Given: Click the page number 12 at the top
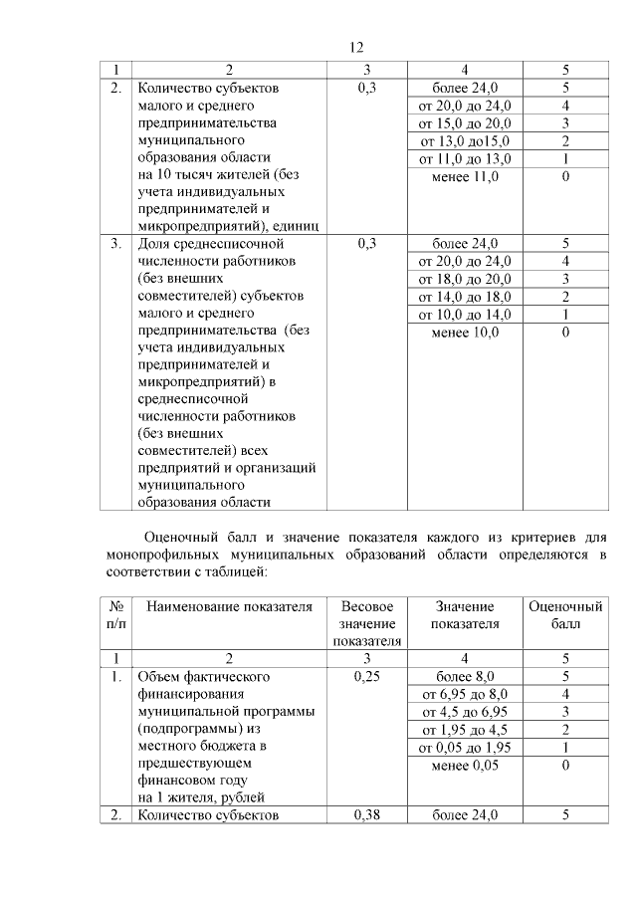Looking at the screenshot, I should click(x=357, y=47).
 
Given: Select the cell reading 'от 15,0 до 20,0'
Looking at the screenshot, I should click(x=466, y=123).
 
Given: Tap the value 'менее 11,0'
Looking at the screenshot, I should click(x=466, y=177).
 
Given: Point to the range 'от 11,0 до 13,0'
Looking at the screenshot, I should click(x=466, y=159).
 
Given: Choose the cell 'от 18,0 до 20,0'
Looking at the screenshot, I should click(x=466, y=279).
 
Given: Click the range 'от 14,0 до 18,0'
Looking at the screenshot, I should click(x=466, y=297).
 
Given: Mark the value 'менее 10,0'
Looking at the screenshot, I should click(x=466, y=333).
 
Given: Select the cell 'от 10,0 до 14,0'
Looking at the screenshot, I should click(x=466, y=315).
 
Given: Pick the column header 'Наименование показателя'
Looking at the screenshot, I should click(x=230, y=606).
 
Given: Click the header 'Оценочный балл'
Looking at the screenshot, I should click(x=565, y=615).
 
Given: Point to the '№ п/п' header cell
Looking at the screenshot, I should click(x=116, y=615).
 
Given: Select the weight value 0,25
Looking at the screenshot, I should click(x=367, y=677).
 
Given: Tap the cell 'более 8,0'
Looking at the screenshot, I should click(x=466, y=677).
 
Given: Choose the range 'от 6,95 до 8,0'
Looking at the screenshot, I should click(x=466, y=694).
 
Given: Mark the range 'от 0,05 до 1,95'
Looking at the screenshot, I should click(x=466, y=748).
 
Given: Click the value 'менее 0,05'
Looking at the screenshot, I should click(x=466, y=766).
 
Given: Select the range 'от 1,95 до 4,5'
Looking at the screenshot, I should click(x=466, y=730).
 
